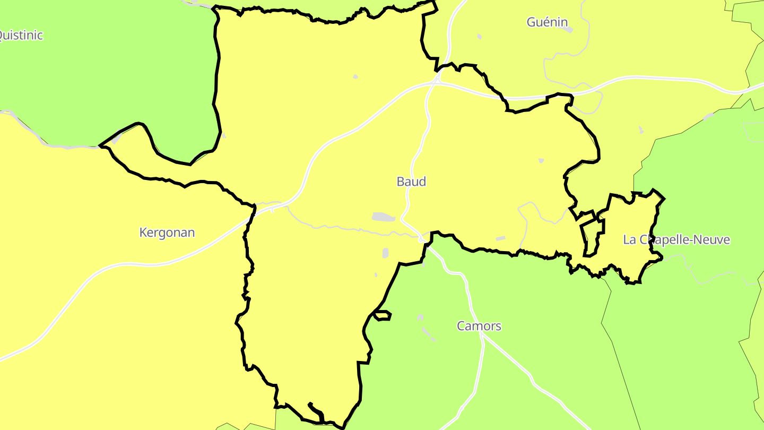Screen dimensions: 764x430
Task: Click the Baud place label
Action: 411,182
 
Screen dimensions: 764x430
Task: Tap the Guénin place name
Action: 547,22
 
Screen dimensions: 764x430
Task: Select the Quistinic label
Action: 20,36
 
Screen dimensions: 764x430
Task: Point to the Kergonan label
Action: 167,233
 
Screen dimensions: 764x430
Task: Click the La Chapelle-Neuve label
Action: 676,240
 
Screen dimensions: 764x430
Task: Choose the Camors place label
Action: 479,326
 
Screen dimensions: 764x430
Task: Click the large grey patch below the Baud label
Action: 383,217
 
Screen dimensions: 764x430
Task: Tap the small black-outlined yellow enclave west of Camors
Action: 383,315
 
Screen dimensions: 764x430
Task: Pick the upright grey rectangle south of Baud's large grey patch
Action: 386,253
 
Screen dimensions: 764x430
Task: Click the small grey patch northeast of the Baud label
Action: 541,160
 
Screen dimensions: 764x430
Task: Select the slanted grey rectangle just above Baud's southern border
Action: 500,239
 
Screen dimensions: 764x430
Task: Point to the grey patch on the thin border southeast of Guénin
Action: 708,117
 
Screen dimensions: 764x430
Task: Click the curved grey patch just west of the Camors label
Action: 428,333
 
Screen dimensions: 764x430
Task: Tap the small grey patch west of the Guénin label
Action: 480,37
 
